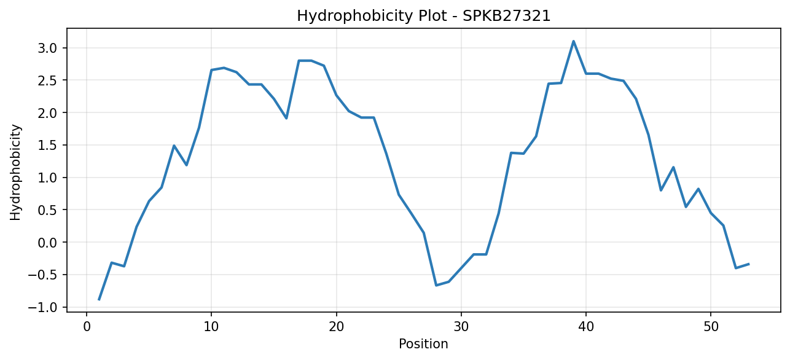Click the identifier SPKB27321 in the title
[x=506, y=16]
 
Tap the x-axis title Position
[x=423, y=344]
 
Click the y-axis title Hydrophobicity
[x=15, y=173]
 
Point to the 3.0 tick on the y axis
[x=47, y=48]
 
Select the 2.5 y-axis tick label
[x=47, y=80]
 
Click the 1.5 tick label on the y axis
[x=47, y=145]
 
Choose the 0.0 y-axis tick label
[x=47, y=243]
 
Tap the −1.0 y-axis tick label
[x=42, y=307]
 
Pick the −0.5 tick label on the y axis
[x=42, y=275]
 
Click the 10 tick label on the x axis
[x=211, y=327]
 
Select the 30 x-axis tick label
[x=461, y=327]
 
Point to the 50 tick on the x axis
[x=711, y=327]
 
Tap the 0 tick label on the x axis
[x=87, y=327]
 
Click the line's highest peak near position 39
[x=573, y=41]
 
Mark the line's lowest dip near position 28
[x=436, y=285]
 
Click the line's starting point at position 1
[x=99, y=300]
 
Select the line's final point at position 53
[x=748, y=264]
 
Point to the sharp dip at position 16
[x=286, y=118]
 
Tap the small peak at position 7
[x=174, y=146]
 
